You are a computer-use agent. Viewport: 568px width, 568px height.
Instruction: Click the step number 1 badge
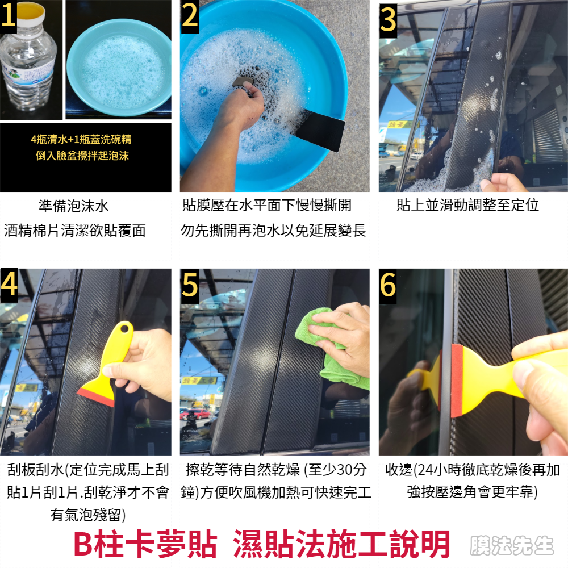coord(8,16)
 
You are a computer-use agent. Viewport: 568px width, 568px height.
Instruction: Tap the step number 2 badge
coord(190,16)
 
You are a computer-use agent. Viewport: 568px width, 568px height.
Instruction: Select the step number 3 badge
coord(388,20)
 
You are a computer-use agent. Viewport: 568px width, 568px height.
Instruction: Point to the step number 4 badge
coord(9,285)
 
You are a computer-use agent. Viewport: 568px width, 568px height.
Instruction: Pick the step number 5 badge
coord(190,286)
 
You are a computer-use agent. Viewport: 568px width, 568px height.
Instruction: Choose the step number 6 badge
coord(387,286)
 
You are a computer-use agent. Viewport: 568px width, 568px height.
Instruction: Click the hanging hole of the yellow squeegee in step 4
coord(124,329)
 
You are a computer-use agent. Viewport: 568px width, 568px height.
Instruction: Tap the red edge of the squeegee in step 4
coord(95,397)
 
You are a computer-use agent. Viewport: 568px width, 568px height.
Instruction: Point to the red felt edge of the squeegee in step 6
coord(457,381)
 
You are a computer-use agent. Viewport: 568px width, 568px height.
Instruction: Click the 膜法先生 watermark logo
coord(512,545)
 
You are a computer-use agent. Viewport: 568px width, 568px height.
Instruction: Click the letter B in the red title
coord(83,544)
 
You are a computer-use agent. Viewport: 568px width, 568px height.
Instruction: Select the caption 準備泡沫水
coord(73,206)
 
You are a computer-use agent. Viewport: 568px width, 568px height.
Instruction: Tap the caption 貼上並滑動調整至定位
coord(467,205)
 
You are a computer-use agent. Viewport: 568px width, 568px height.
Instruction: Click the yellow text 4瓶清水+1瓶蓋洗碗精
coord(81,139)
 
